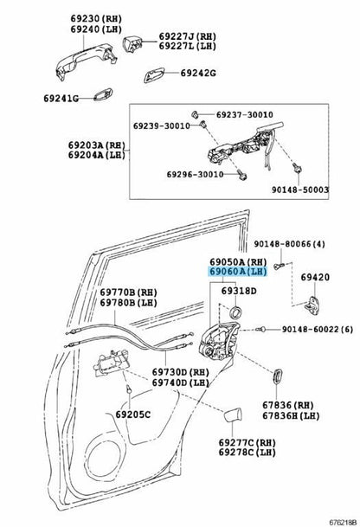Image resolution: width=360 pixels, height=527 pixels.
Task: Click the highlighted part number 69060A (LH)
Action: click(238, 272)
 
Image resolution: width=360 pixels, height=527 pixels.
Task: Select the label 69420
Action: click(315, 277)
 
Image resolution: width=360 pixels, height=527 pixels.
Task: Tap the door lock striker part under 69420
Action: click(312, 305)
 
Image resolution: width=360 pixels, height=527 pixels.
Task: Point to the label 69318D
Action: click(239, 291)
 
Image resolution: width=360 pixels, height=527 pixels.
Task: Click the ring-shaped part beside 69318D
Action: click(235, 312)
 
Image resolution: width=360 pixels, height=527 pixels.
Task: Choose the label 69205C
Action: click(133, 415)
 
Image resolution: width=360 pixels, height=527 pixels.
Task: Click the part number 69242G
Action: click(198, 73)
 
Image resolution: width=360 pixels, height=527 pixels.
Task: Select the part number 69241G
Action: click(61, 99)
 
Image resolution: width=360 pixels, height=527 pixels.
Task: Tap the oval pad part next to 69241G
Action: click(102, 94)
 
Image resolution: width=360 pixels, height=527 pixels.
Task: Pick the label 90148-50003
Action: click(300, 190)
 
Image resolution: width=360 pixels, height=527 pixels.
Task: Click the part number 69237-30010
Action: click(244, 114)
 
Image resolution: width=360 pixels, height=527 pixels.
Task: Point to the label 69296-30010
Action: click(195, 175)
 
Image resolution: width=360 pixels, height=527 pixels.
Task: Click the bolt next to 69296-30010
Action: click(242, 176)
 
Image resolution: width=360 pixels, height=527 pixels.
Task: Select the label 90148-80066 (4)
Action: click(289, 244)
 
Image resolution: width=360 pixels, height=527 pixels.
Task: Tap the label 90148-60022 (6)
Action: click(318, 330)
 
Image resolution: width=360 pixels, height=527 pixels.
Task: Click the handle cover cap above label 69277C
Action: click(233, 415)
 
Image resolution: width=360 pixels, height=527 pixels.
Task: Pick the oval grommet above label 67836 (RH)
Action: click(277, 376)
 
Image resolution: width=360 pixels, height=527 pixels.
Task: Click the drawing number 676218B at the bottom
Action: click(342, 523)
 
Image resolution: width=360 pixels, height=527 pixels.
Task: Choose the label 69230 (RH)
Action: click(96, 19)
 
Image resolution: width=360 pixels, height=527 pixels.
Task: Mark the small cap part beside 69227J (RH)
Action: click(132, 43)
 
